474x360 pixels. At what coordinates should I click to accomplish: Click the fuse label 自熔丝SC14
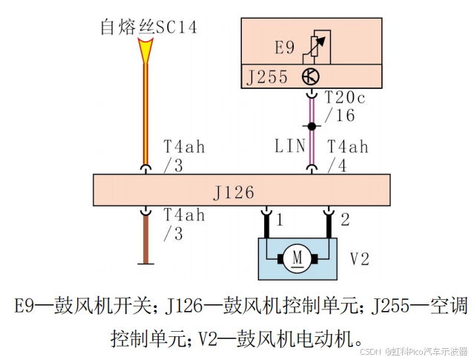coord(148,27)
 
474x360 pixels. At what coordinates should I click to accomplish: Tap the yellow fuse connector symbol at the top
coord(145,50)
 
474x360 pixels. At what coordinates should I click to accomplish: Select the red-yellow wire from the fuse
coord(145,111)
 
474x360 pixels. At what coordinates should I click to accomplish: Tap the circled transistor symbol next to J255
coord(310,76)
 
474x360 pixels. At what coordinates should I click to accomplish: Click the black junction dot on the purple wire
coord(312,127)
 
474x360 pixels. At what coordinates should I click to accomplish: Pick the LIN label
coord(289,145)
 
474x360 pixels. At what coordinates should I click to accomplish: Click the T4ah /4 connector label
coord(346,155)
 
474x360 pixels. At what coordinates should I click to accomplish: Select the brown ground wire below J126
coord(145,234)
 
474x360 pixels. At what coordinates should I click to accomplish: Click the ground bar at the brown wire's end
coord(145,262)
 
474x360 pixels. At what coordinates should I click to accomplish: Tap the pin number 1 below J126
coord(279,220)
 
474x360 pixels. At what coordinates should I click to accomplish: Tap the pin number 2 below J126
coord(344,220)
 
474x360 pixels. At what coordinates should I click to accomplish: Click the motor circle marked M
coord(297,258)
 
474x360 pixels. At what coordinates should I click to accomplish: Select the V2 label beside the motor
coord(360,258)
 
